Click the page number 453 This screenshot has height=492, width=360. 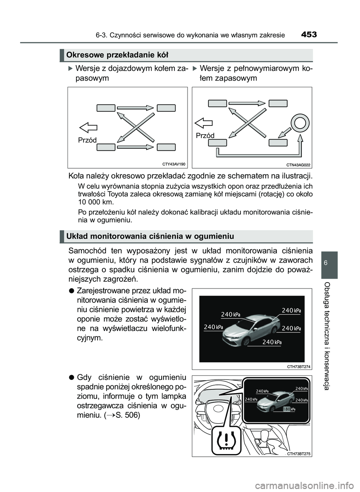coord(309,35)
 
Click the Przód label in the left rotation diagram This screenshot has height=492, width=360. coord(87,140)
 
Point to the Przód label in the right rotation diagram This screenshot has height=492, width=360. coord(205,135)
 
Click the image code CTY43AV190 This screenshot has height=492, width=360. coord(174,164)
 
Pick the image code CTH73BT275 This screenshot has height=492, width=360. coord(298,453)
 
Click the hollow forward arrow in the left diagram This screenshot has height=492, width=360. coord(88,127)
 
